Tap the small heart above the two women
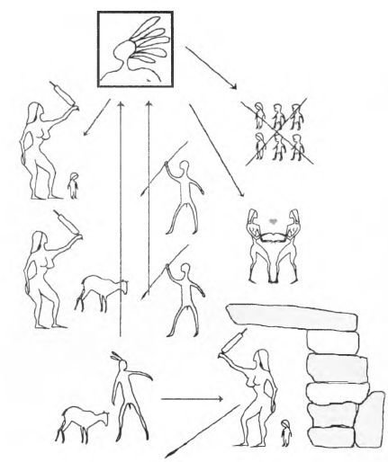point(274,218)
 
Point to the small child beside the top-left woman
point(73,185)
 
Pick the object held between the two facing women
point(273,235)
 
